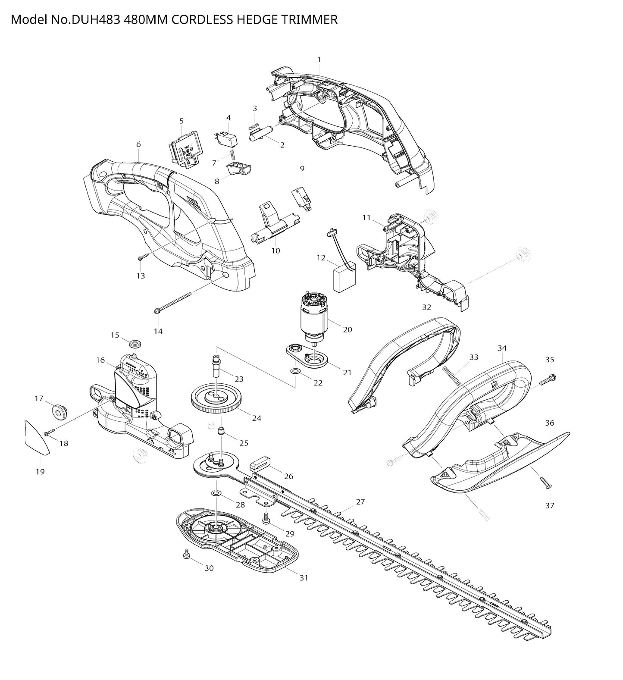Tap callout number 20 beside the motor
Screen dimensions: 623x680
click(347, 330)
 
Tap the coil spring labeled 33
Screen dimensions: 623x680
click(452, 375)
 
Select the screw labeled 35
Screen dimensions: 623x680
click(548, 380)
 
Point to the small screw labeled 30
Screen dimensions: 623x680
click(187, 553)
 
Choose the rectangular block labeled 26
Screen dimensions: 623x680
click(260, 465)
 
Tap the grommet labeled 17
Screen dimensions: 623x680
click(59, 411)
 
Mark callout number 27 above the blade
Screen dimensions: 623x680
click(360, 502)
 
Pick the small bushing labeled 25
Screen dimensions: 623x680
click(222, 431)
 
